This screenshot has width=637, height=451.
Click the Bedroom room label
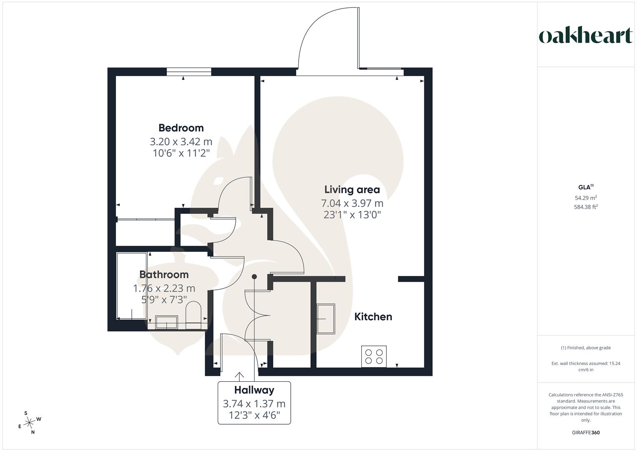[x=181, y=128]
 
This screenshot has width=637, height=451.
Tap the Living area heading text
[x=352, y=190]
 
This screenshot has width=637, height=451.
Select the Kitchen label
[x=373, y=317]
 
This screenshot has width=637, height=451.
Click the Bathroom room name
[x=164, y=274]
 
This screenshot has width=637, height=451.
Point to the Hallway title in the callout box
[x=254, y=390]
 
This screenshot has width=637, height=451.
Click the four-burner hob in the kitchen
[x=374, y=357]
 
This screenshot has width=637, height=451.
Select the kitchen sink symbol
[x=326, y=319]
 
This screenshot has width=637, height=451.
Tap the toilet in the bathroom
[x=194, y=315]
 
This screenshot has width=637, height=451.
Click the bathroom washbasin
[x=166, y=322]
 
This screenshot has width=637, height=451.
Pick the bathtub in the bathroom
[x=132, y=286]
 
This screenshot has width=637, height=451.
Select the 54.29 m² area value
[x=586, y=198]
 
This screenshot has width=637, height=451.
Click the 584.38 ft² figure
[x=586, y=207]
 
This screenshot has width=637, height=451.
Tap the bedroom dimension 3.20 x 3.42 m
[x=181, y=142]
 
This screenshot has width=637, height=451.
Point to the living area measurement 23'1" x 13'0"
[x=352, y=215]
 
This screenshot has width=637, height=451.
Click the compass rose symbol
[x=29, y=423]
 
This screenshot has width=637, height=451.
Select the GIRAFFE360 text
[x=586, y=433]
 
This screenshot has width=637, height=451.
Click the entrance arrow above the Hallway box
[x=239, y=376]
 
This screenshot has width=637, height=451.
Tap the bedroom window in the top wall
[x=189, y=72]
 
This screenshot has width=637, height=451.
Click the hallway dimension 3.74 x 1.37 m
[x=254, y=404]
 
